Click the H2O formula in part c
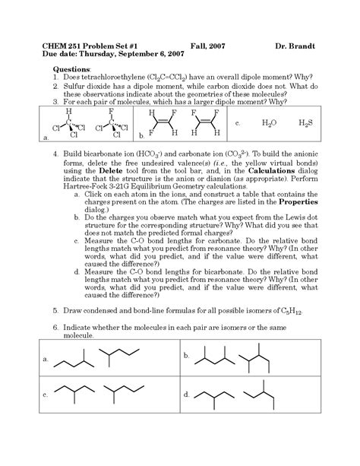(x=269, y=122)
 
